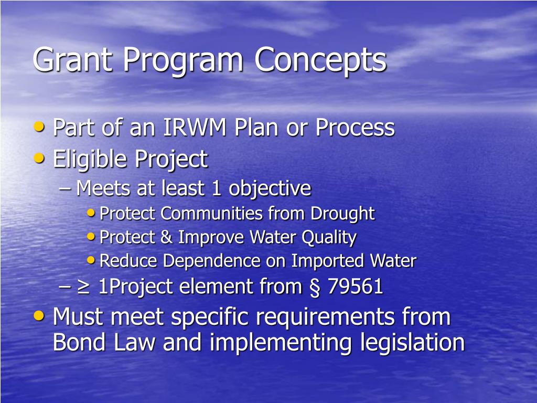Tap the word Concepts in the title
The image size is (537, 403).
[x=320, y=60]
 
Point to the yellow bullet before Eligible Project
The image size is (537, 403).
[x=39, y=157]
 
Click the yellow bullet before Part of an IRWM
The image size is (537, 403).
[x=39, y=126]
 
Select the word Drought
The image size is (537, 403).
[x=342, y=214]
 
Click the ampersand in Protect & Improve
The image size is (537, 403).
[x=166, y=237]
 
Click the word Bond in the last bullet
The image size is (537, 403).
[x=78, y=343]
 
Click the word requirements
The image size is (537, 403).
[x=336, y=317]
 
